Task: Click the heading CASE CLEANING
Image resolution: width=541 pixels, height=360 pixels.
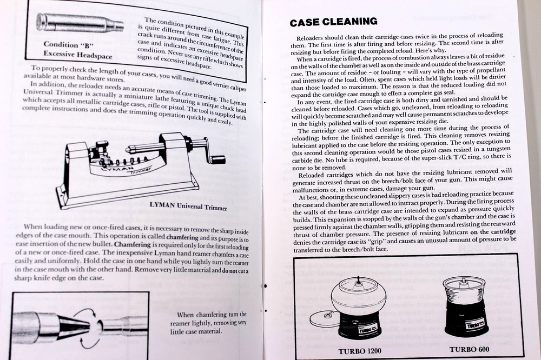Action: [333, 22]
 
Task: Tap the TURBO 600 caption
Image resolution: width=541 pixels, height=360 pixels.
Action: [470, 349]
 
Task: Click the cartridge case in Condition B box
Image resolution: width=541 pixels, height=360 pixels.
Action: [79, 23]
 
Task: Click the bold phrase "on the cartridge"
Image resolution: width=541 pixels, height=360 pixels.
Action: [493, 231]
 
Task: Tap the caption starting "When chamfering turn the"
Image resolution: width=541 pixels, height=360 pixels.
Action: [212, 315]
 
